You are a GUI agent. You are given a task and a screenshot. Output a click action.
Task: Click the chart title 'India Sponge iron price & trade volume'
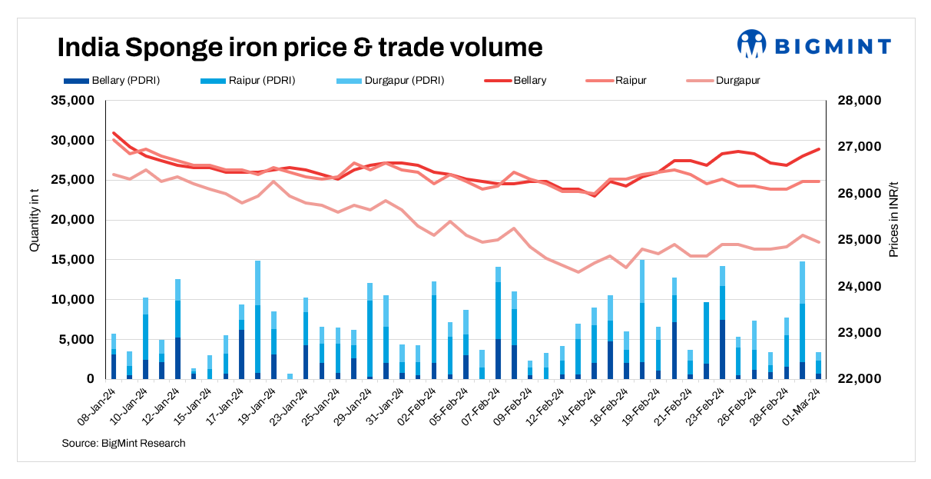click(300, 48)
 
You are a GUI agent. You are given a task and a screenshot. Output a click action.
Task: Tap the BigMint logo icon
click(751, 44)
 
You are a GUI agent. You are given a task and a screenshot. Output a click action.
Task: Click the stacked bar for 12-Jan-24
click(177, 331)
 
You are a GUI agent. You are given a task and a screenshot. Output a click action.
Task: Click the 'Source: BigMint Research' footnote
click(124, 444)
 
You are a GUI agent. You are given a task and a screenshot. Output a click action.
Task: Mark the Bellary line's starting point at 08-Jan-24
click(114, 133)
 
